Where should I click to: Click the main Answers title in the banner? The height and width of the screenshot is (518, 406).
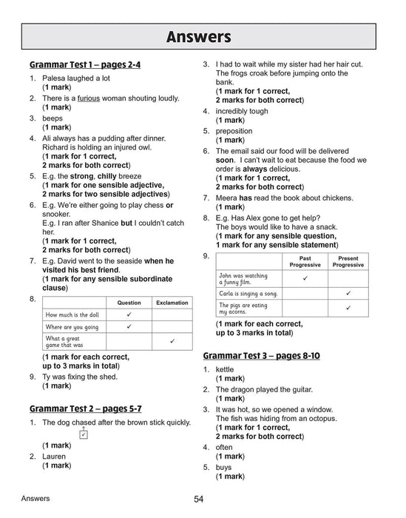[203, 37]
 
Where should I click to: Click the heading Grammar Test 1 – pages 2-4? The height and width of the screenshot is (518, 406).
[84, 64]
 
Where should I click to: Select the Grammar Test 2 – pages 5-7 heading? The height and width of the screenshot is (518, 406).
[85, 408]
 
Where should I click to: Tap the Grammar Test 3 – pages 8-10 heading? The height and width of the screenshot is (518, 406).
[260, 355]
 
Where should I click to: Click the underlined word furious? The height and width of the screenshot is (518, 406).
[92, 98]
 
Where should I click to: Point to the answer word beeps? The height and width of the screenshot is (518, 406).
[53, 118]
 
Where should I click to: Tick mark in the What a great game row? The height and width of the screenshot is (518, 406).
[171, 340]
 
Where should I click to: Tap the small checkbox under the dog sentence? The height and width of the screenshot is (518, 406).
[84, 434]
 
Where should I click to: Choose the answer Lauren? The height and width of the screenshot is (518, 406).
[54, 456]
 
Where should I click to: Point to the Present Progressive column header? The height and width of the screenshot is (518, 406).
[348, 261]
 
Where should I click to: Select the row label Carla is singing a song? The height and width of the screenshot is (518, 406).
[248, 294]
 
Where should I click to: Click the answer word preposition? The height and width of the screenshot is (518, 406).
[236, 131]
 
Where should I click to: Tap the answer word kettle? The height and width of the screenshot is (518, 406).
[225, 369]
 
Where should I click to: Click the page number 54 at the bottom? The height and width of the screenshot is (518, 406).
[198, 499]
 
